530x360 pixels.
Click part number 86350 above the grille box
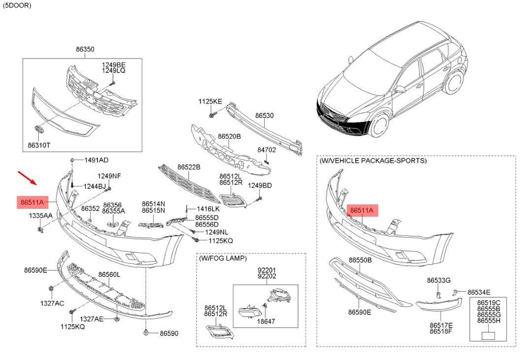85,49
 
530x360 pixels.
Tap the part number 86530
265,116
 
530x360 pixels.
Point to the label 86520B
229,136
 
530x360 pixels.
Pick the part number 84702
266,150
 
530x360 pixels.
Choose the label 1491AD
96,160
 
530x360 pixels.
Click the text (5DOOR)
17,5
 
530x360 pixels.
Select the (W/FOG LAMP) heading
223,258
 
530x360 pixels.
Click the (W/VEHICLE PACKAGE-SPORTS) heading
373,161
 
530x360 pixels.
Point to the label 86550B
360,260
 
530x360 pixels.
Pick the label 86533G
438,280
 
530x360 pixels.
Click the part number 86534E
479,292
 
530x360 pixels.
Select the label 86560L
109,274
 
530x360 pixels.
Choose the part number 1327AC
52,303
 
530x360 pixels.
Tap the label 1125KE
210,101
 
